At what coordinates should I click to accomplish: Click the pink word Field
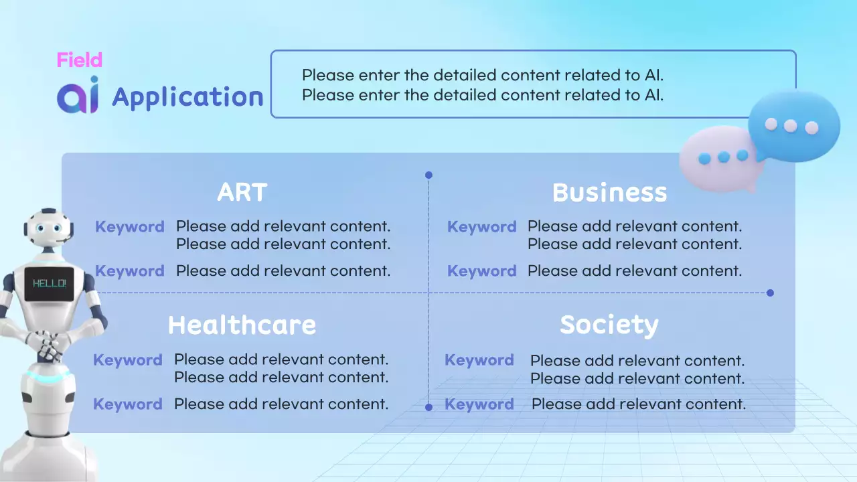click(80, 60)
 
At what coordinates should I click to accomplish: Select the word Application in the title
click(188, 98)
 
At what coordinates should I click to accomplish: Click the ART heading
click(242, 192)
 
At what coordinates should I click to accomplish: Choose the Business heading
click(609, 192)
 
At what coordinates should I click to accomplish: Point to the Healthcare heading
click(242, 325)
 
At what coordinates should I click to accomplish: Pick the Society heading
click(609, 326)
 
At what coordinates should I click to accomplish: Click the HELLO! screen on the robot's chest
click(49, 283)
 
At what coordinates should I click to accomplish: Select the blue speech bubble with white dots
click(794, 126)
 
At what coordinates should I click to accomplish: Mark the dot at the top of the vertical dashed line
click(428, 175)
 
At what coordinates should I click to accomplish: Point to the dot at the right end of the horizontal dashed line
click(770, 293)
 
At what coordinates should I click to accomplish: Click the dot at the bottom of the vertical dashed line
click(428, 407)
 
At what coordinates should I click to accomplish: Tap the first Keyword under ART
click(130, 227)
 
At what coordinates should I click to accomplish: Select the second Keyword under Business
click(482, 271)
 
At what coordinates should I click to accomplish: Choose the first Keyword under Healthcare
click(128, 360)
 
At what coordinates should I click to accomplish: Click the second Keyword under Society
click(479, 404)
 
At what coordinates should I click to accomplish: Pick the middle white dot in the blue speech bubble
click(791, 125)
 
